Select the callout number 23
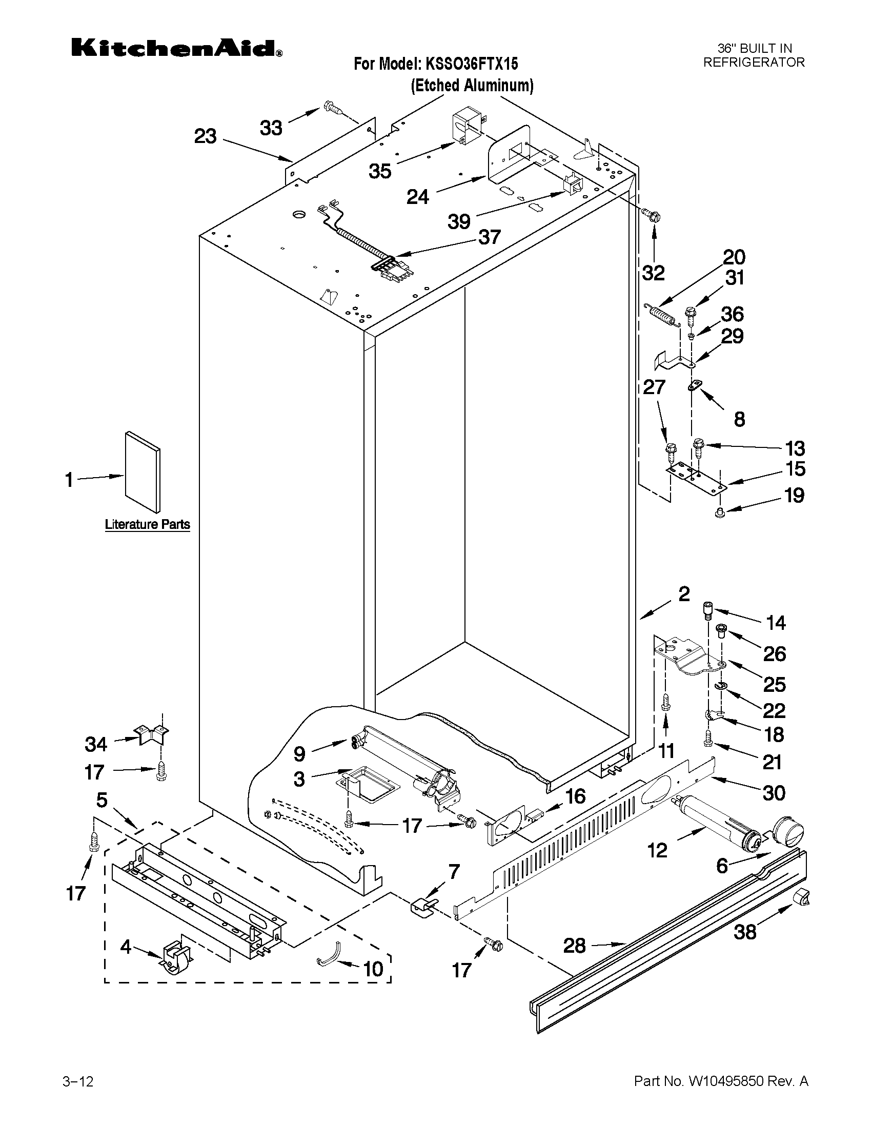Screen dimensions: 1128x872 tap(205, 136)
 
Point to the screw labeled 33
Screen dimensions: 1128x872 tap(334, 109)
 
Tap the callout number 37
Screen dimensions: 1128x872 tap(489, 237)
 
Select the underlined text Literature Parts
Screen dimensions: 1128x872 tap(147, 524)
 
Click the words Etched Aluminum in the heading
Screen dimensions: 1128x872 tap(472, 85)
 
